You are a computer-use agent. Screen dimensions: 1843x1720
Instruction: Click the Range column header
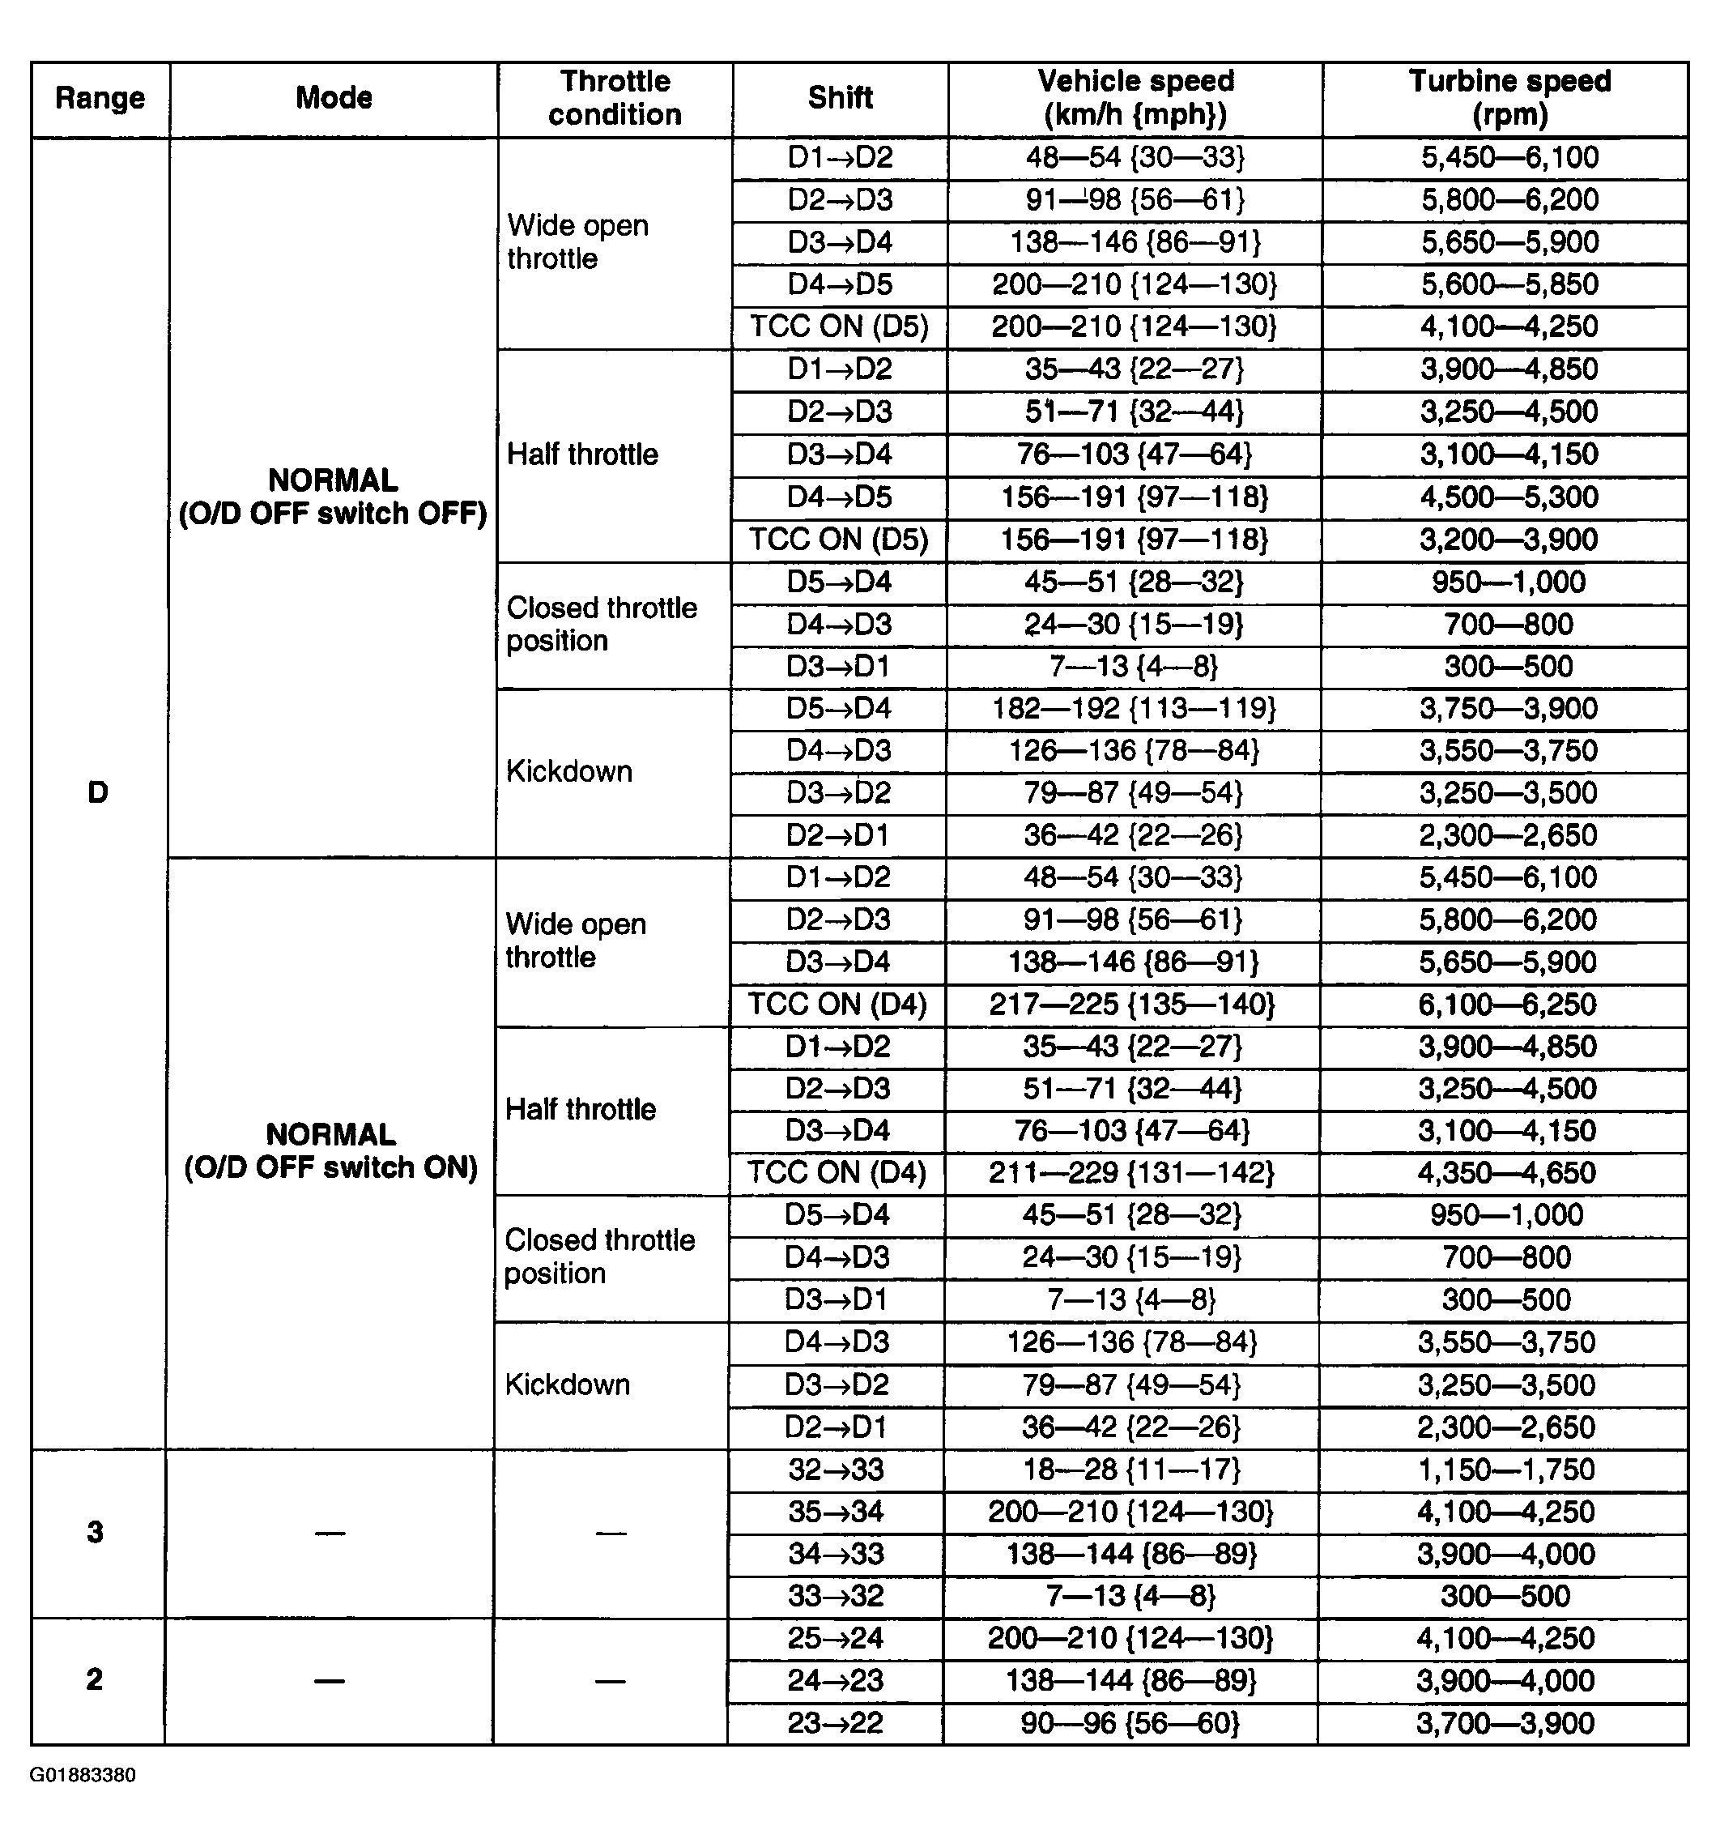tap(100, 98)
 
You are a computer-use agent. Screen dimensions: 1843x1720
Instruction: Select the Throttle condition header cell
tap(615, 98)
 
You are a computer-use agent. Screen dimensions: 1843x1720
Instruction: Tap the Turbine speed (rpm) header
tap(1509, 98)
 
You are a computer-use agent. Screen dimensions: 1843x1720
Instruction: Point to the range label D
tap(97, 792)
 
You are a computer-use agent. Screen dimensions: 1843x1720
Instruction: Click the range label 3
tap(96, 1533)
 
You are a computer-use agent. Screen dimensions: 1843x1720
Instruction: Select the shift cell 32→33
tap(836, 1470)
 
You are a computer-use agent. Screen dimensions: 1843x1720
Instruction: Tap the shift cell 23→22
tap(835, 1723)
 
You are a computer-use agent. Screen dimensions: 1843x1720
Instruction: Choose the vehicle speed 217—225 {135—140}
tap(1131, 1004)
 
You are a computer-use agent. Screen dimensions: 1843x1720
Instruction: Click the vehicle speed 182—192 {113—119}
tap(1134, 708)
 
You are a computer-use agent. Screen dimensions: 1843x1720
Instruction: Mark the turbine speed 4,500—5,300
tap(1509, 497)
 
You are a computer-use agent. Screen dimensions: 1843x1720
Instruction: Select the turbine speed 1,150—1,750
tap(1506, 1470)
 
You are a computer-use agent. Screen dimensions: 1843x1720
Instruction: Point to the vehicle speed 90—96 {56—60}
tap(1130, 1723)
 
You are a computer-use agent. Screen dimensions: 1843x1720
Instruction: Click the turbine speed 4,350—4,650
tap(1506, 1173)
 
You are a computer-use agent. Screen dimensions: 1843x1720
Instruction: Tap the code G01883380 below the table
tap(83, 1775)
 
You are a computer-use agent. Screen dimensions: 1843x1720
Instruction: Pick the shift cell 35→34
tap(836, 1512)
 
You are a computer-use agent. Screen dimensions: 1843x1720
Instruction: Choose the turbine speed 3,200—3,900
tap(1509, 540)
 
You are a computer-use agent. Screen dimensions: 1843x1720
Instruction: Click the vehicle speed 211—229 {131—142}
tap(1130, 1173)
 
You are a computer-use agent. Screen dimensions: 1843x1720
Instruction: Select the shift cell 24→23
tap(835, 1681)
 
